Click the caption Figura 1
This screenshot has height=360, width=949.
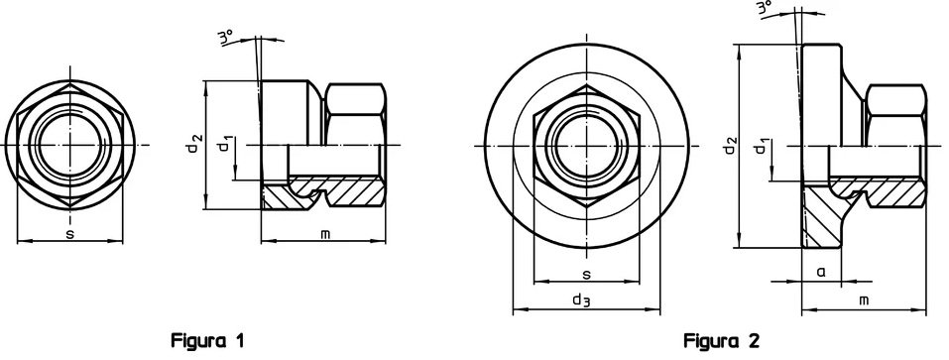pos(208,340)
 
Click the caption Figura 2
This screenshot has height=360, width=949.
pos(721,340)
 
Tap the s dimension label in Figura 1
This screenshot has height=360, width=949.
pos(70,233)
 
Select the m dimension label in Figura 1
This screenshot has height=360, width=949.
pos(325,233)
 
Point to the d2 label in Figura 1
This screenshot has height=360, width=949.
pos(194,145)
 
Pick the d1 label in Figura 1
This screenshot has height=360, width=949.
pos(224,145)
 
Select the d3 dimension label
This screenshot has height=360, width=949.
pos(581,300)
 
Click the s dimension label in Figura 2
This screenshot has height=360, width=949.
pos(586,274)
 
